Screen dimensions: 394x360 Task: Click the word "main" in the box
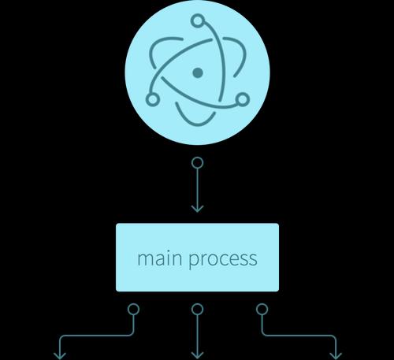[x=160, y=258]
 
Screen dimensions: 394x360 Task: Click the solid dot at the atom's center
[x=198, y=72]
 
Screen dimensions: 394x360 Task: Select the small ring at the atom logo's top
[x=198, y=20]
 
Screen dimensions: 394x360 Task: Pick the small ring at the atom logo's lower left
[x=152, y=99]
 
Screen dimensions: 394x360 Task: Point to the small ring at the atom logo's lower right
[x=243, y=99]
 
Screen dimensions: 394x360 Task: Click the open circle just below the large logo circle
[x=197, y=163]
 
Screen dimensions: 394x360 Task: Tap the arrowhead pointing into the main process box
[x=197, y=209]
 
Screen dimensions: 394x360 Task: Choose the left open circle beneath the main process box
[x=133, y=310]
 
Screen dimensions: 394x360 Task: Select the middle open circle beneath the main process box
[x=197, y=310]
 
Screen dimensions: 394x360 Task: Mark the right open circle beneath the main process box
[x=262, y=310]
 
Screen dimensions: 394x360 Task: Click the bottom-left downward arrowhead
[x=60, y=356]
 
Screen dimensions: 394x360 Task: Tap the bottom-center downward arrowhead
[x=197, y=356]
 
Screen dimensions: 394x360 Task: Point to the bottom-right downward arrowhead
[x=336, y=356]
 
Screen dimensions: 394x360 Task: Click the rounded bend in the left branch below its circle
[x=132, y=334]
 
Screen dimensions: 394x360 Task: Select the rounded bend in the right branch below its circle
[x=263, y=334]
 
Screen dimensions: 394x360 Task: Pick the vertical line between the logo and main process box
[x=197, y=188]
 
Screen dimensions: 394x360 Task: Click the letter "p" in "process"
[x=194, y=261]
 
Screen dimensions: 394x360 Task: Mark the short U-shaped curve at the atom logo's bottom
[x=195, y=124]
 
